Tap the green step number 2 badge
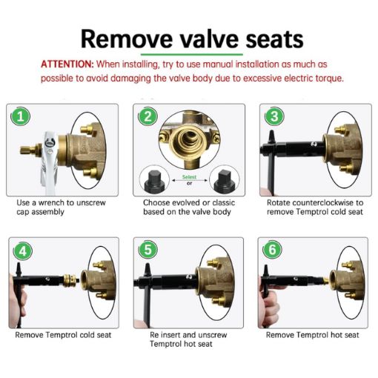pos(149,117)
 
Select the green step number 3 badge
pos(273,117)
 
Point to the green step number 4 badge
pos(22,251)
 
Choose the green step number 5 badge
pos(149,251)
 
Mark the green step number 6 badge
pos(273,251)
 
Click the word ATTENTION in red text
pos(66,64)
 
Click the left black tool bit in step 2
pos(156,178)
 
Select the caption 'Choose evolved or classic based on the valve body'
pos(189,207)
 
